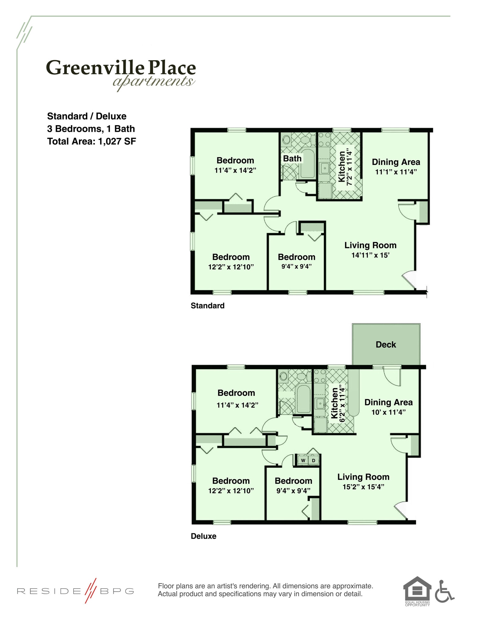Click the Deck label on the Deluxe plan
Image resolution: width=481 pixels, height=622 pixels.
[386, 344]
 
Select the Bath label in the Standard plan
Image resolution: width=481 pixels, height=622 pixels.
[292, 159]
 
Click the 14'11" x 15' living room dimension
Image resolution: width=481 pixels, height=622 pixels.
[370, 255]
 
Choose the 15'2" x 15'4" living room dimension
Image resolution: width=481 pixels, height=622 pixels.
[363, 487]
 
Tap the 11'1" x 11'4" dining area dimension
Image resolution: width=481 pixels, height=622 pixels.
[396, 172]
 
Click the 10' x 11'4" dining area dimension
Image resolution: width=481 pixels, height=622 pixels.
[388, 412]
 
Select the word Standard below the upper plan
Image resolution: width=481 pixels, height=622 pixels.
[208, 306]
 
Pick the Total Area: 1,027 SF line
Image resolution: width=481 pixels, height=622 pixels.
[91, 142]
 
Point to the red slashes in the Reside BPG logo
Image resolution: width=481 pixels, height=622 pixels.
[91, 591]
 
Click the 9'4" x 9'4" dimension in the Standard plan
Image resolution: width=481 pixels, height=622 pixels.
[296, 267]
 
